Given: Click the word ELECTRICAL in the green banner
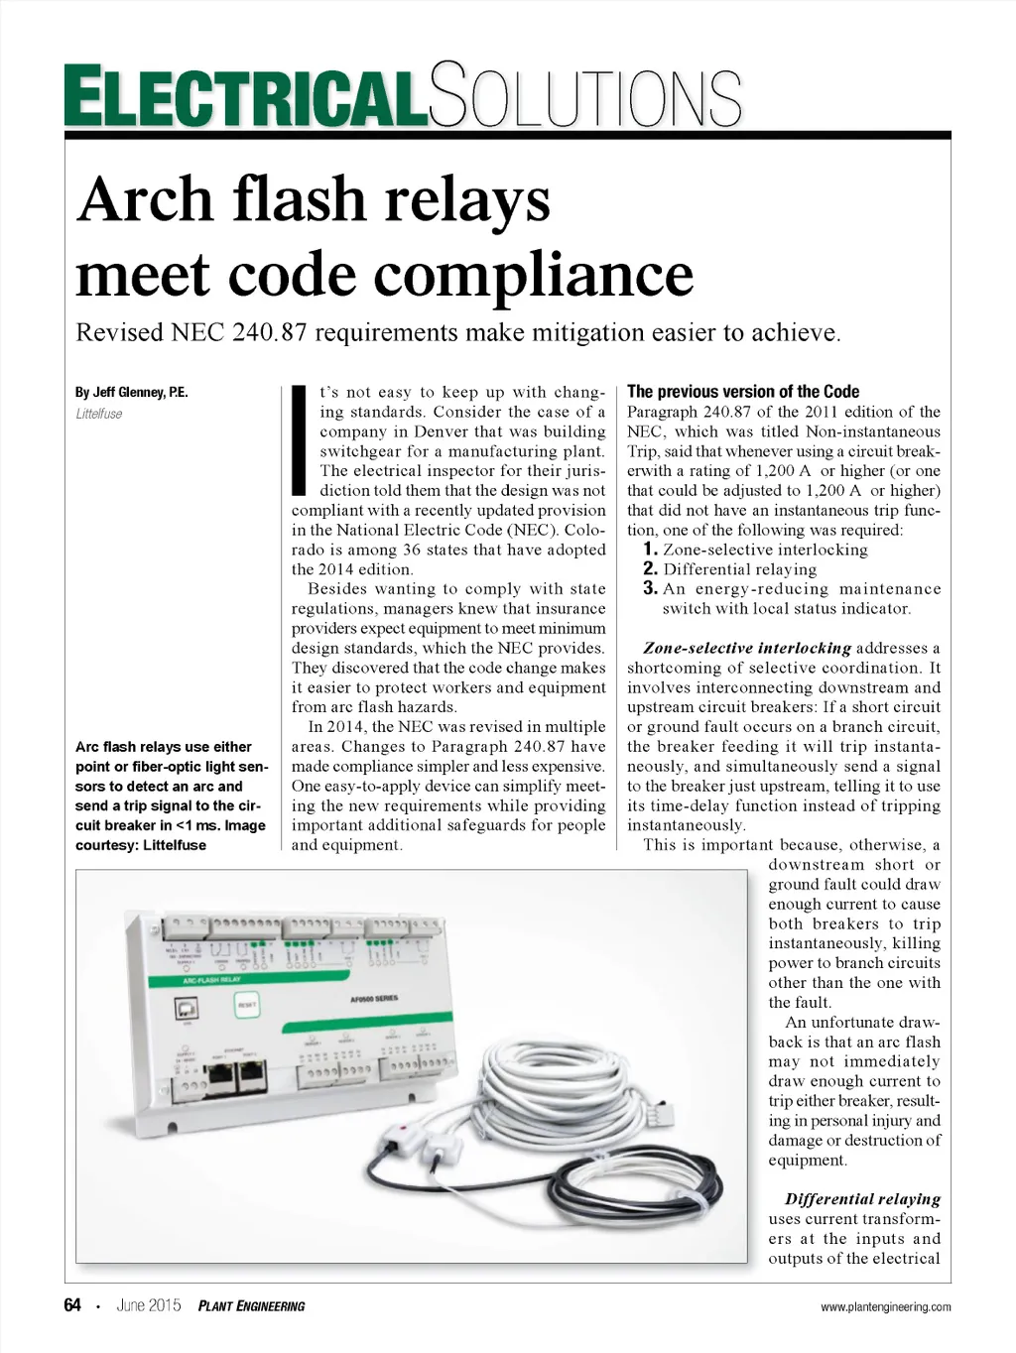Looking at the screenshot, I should [246, 96].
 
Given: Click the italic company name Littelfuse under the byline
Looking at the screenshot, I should [99, 414].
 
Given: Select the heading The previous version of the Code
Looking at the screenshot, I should [743, 392].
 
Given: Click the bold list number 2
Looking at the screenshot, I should [650, 568].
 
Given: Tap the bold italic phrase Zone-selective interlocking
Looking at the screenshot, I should [746, 648].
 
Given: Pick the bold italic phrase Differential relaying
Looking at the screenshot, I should [862, 1198].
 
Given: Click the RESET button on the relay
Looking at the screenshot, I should [246, 1006].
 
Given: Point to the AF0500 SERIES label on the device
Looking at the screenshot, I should [374, 998].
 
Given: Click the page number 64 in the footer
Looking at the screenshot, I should [72, 1305].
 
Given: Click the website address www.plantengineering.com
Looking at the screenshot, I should [885, 1306].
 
